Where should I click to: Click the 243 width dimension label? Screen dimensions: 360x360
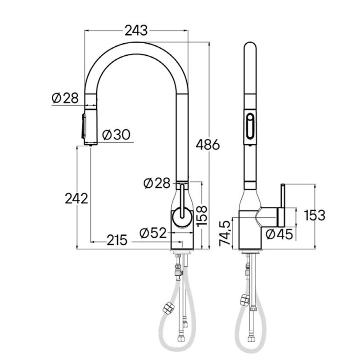136,31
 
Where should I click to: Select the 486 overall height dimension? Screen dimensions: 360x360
208,144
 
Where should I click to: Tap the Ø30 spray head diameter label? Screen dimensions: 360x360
116,135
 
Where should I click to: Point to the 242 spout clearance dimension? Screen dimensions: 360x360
76,198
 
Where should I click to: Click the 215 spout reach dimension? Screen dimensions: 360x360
117,240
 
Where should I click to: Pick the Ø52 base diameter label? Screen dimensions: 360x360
153,233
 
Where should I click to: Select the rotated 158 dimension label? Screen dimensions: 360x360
202,216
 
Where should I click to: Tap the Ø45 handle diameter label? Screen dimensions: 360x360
279,234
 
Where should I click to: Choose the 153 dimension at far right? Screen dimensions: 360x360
315,216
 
